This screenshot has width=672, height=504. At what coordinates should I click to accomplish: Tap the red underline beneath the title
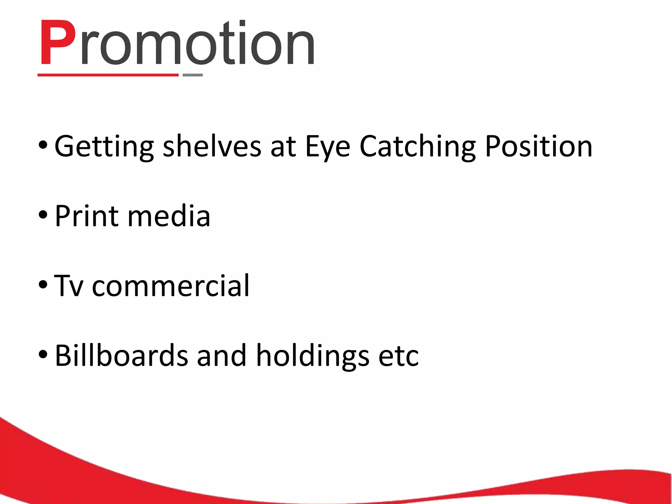[108, 75]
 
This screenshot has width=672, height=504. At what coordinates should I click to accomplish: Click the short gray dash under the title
[193, 75]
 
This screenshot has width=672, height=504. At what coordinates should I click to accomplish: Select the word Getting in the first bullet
[104, 147]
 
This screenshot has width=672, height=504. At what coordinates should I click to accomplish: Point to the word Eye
[328, 147]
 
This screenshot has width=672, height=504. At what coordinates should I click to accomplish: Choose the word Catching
[417, 147]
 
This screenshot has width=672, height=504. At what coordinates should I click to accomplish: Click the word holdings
[312, 356]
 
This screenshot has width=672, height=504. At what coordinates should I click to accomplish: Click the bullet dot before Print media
[43, 215]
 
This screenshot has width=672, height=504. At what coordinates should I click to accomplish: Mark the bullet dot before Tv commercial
[43, 285]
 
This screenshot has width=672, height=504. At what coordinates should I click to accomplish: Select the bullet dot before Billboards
[43, 355]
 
